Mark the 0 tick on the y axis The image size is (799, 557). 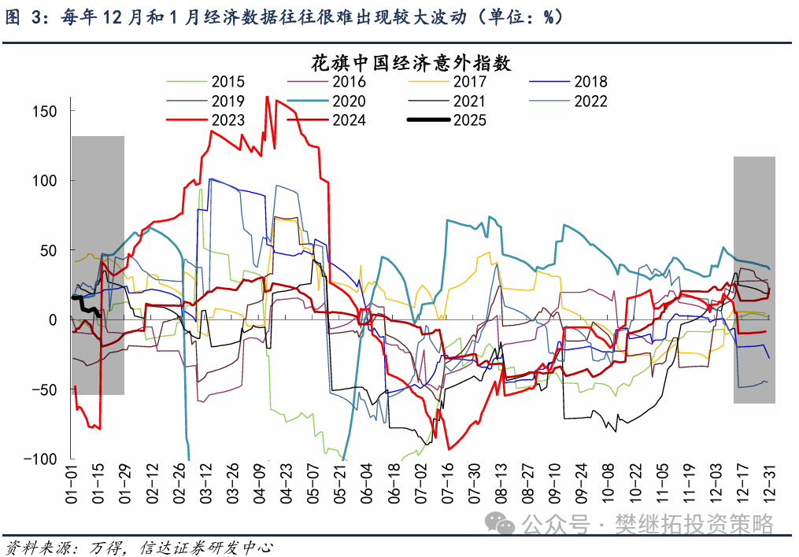[x=52, y=319]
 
